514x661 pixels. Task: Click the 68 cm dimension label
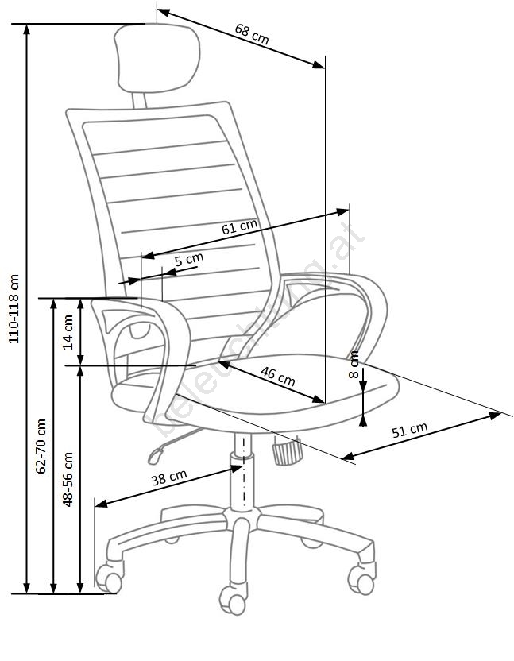251,34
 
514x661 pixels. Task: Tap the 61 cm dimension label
239,228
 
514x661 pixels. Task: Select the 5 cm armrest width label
189,259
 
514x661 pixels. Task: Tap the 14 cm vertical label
68,331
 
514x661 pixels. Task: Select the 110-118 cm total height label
14,310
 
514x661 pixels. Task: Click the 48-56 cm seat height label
68,479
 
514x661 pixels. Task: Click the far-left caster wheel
109,576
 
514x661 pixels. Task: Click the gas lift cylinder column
239,477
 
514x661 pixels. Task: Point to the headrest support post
139,99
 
